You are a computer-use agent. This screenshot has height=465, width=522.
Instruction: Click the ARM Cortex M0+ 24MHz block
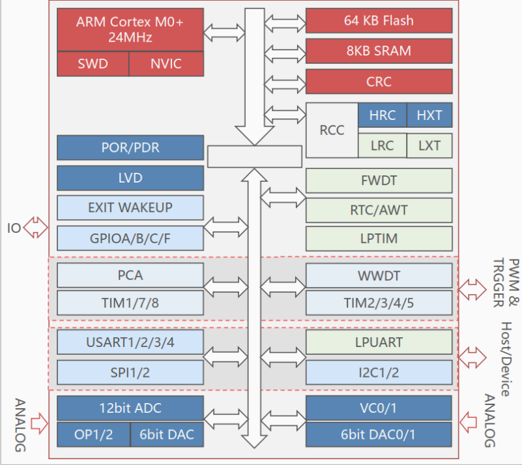[130, 29]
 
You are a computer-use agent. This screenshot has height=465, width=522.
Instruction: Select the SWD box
[93, 64]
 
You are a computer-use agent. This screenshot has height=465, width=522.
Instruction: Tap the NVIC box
[166, 64]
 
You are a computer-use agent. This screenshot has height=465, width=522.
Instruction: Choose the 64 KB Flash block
[379, 20]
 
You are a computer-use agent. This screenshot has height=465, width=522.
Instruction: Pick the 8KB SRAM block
[379, 51]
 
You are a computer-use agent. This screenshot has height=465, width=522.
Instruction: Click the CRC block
[379, 82]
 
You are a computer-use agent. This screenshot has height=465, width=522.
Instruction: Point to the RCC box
[332, 130]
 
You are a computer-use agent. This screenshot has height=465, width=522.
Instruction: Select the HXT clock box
[429, 115]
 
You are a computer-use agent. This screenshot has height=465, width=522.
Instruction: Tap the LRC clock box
[382, 145]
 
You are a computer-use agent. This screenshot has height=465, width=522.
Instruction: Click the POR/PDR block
[130, 147]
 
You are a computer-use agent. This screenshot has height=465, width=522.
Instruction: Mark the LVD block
[130, 177]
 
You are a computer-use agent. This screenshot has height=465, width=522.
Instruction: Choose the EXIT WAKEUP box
[130, 208]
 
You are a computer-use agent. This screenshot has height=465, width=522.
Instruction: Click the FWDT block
[379, 181]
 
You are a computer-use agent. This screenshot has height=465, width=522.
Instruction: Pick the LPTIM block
[379, 239]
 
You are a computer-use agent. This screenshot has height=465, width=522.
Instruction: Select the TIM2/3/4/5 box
[379, 303]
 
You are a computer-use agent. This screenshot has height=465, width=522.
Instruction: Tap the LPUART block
[379, 342]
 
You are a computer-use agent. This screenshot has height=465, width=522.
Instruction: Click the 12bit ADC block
[130, 408]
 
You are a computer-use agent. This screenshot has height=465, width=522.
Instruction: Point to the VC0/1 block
[379, 408]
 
